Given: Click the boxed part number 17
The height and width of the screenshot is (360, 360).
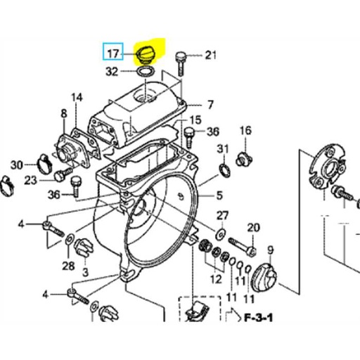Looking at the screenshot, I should pos(112,53).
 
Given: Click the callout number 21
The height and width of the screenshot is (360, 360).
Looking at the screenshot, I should pos(211,54).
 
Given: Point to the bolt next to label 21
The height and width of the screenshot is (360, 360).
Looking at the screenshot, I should pos(181,60).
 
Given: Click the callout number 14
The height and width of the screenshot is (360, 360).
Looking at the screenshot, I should pos(77,97).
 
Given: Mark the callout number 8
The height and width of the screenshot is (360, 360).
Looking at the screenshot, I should pos(63,113).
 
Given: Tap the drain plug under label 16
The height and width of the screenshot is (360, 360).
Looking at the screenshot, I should pos(245,159).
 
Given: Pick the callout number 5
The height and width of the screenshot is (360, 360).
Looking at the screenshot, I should pos(219,195).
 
